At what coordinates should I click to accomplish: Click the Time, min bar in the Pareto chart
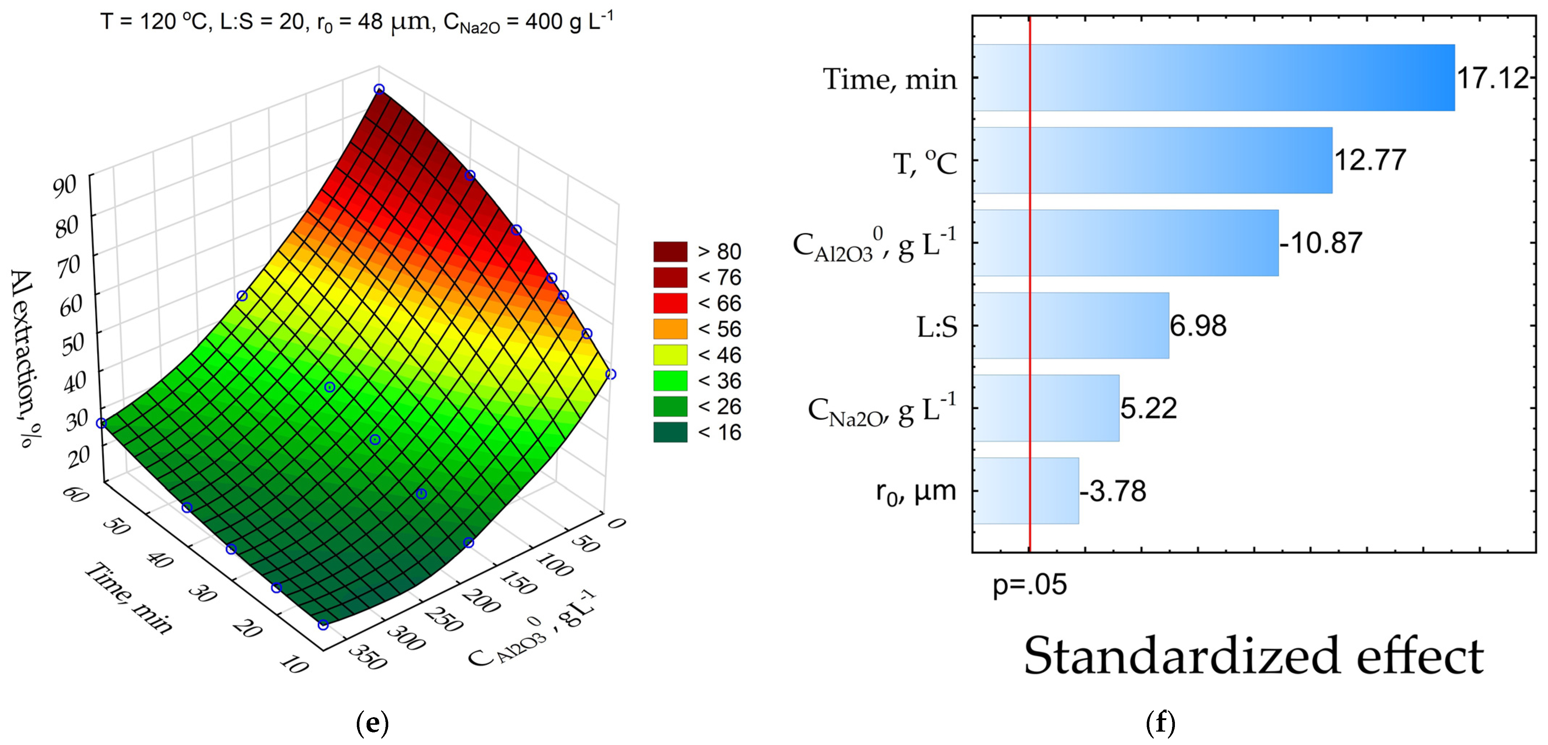tap(1214, 78)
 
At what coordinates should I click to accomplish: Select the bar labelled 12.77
tap(1153, 160)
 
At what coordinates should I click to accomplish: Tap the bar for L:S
tap(1071, 326)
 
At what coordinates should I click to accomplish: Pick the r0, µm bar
tap(1026, 491)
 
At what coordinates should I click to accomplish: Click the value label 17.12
tap(1493, 78)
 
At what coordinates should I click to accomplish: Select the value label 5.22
tap(1149, 409)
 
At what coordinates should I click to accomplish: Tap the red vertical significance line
tap(1030, 300)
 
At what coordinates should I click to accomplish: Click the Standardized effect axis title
tap(1253, 656)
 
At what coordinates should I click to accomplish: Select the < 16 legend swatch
tap(670, 432)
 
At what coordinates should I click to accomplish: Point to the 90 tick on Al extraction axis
tap(65, 186)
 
